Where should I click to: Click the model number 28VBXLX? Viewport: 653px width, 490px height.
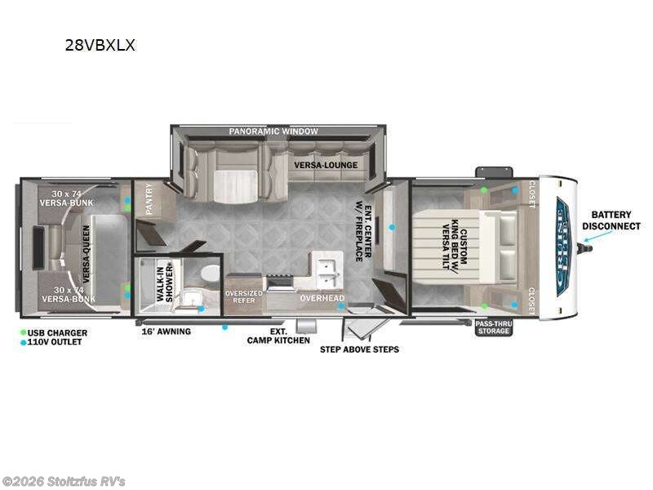[100, 46]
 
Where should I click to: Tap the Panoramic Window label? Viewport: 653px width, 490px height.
[273, 131]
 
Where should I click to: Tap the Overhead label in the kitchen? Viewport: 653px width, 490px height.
[322, 298]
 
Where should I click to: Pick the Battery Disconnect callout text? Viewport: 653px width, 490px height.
[611, 220]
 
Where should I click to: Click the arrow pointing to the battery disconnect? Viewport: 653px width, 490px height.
[597, 237]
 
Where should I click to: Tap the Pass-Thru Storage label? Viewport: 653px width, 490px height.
[494, 327]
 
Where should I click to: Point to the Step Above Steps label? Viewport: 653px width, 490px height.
[359, 350]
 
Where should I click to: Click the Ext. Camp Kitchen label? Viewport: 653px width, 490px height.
[278, 336]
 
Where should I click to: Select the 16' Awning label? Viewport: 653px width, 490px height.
[167, 332]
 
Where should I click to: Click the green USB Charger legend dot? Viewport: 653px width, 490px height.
[24, 333]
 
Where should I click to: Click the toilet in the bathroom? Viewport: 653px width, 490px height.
[210, 272]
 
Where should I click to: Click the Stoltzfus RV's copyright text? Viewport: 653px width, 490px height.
[64, 481]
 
